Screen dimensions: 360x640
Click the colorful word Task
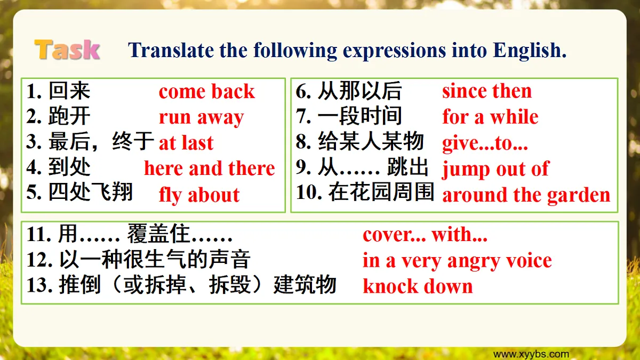[x=67, y=50]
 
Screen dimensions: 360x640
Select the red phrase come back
[x=207, y=92]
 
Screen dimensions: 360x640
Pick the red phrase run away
[x=201, y=117]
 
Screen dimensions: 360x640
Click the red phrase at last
[x=186, y=143]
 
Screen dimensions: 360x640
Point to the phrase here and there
[x=210, y=169]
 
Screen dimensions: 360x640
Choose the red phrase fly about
[x=199, y=195]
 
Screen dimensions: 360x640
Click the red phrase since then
[x=487, y=91]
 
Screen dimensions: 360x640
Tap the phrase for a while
[x=490, y=117]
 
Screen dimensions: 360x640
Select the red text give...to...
[x=485, y=143]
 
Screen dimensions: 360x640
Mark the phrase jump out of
[x=495, y=169]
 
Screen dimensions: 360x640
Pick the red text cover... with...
[x=425, y=235]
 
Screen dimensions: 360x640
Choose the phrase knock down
[x=418, y=286]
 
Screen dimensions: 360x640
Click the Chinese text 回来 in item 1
[x=69, y=91]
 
